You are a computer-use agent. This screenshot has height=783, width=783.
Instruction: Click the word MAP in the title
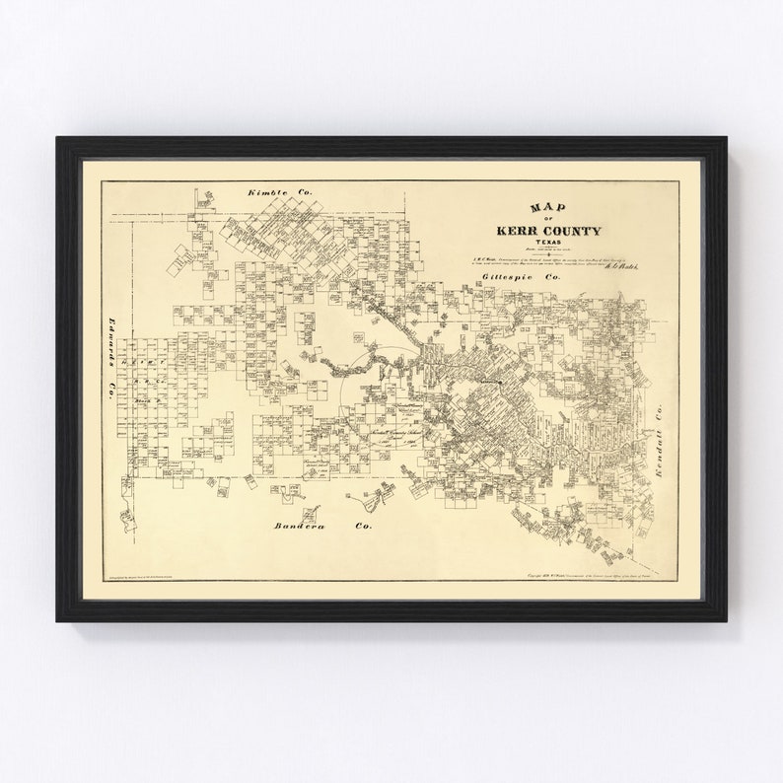coord(540,207)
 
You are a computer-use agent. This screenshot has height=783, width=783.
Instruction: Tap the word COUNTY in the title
coord(573,231)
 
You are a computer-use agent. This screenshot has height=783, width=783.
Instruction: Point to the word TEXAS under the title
coord(546,243)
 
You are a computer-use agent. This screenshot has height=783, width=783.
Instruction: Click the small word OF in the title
coord(545,219)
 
